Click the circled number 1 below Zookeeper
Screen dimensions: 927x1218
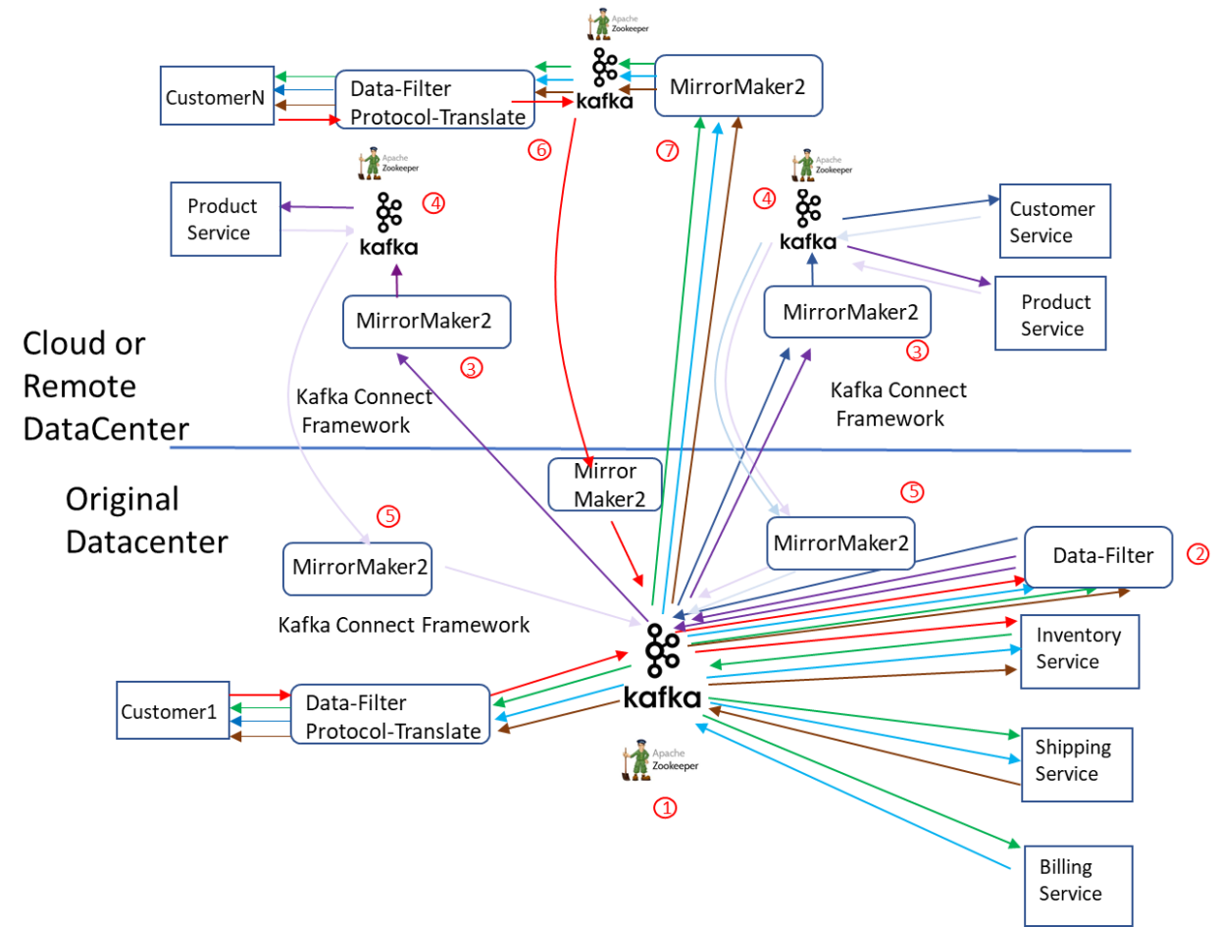tap(665, 808)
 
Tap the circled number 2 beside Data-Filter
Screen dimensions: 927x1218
tap(1197, 554)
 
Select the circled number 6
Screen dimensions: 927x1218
tap(539, 149)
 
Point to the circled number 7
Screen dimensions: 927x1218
tap(667, 150)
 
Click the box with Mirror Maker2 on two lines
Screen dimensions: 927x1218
tap(604, 485)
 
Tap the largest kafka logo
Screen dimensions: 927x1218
tap(662, 666)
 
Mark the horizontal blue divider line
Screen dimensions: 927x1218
tap(647, 449)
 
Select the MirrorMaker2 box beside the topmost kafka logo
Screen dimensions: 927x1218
tap(737, 86)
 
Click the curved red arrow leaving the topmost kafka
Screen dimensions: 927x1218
tap(569, 294)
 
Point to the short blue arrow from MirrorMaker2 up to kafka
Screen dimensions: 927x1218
tap(812, 271)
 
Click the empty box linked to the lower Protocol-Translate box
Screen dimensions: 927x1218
tap(173, 709)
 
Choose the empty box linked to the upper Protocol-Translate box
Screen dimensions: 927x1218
tap(217, 95)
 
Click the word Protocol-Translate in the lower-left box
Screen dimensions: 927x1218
tap(392, 731)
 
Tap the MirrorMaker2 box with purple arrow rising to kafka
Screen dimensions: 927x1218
tap(427, 321)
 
